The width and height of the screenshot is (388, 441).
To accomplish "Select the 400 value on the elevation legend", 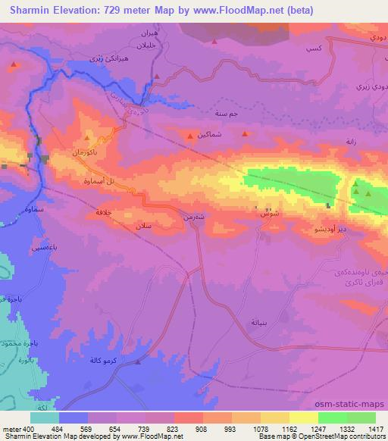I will click(x=30, y=430).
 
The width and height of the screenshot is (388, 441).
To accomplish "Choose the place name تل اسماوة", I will click(x=99, y=182).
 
